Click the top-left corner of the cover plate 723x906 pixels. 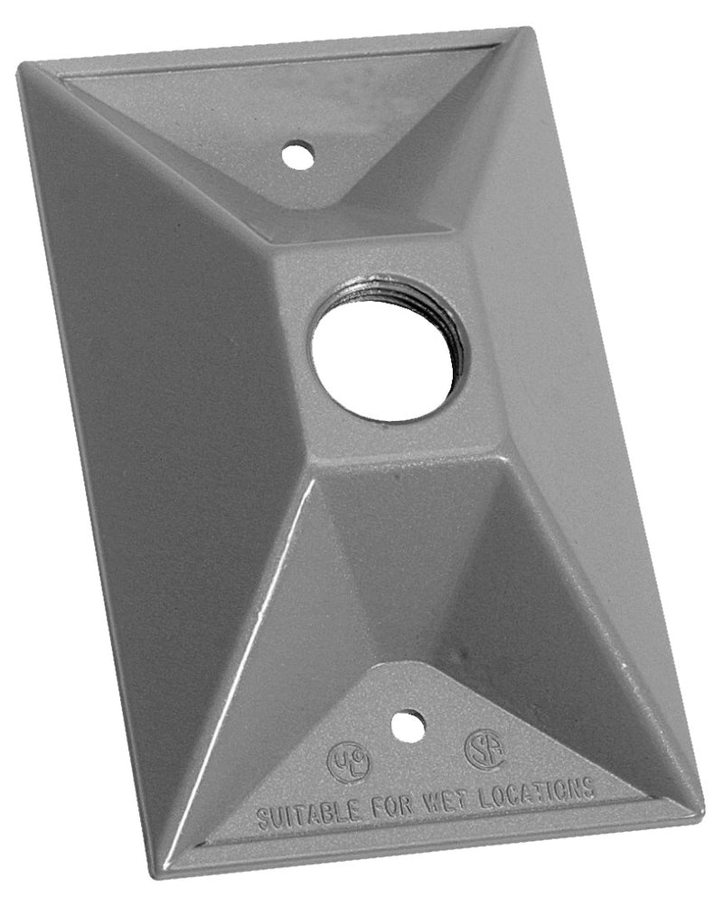click(x=20, y=67)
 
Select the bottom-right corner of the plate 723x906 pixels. click(x=700, y=808)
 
